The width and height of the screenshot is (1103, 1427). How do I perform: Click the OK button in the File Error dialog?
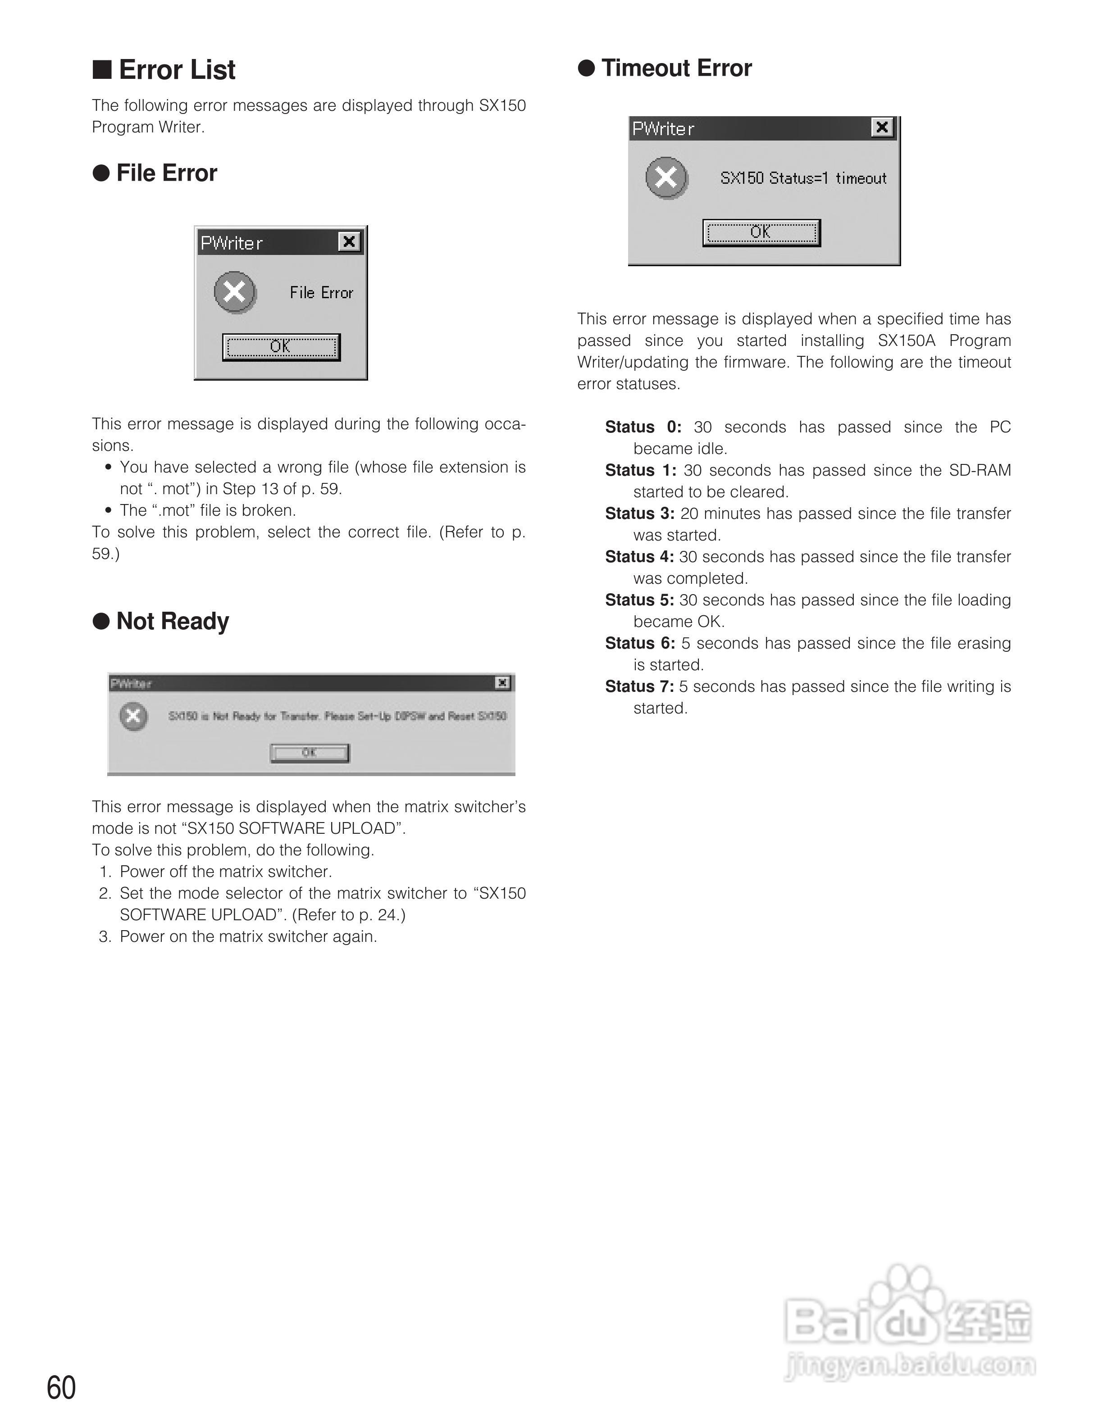(281, 347)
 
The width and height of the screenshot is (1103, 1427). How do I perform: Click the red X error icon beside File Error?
(235, 291)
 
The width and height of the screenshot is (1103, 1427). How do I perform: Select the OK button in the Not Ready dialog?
(310, 753)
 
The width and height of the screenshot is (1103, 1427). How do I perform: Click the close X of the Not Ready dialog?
(502, 683)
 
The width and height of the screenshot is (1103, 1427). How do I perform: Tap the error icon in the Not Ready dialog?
(133, 716)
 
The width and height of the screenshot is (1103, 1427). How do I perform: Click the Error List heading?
(177, 70)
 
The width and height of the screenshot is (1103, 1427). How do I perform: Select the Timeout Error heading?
(676, 68)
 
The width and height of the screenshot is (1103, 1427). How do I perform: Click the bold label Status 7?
(639, 687)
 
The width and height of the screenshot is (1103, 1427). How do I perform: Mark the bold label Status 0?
(643, 427)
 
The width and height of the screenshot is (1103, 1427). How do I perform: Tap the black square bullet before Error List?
(102, 69)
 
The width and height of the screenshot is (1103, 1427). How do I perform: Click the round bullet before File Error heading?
(101, 173)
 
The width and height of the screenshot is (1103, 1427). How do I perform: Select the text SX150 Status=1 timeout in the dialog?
(803, 178)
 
